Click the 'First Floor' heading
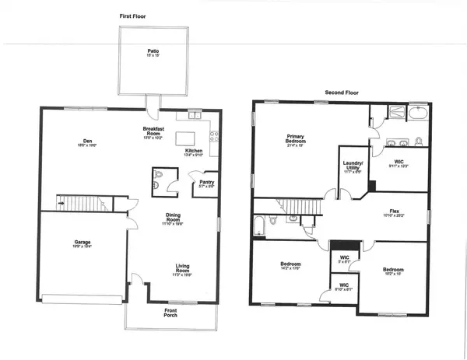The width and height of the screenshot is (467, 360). click(133, 16)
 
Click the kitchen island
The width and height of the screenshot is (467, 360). click(188, 138)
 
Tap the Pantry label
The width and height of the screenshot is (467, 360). click(206, 183)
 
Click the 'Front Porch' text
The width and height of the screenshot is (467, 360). click(170, 314)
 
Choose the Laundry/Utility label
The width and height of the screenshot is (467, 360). click(353, 166)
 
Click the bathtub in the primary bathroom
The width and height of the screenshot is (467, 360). click(418, 116)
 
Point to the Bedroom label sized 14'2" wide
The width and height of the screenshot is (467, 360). click(290, 267)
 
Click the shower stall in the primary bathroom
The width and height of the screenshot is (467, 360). click(386, 114)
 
